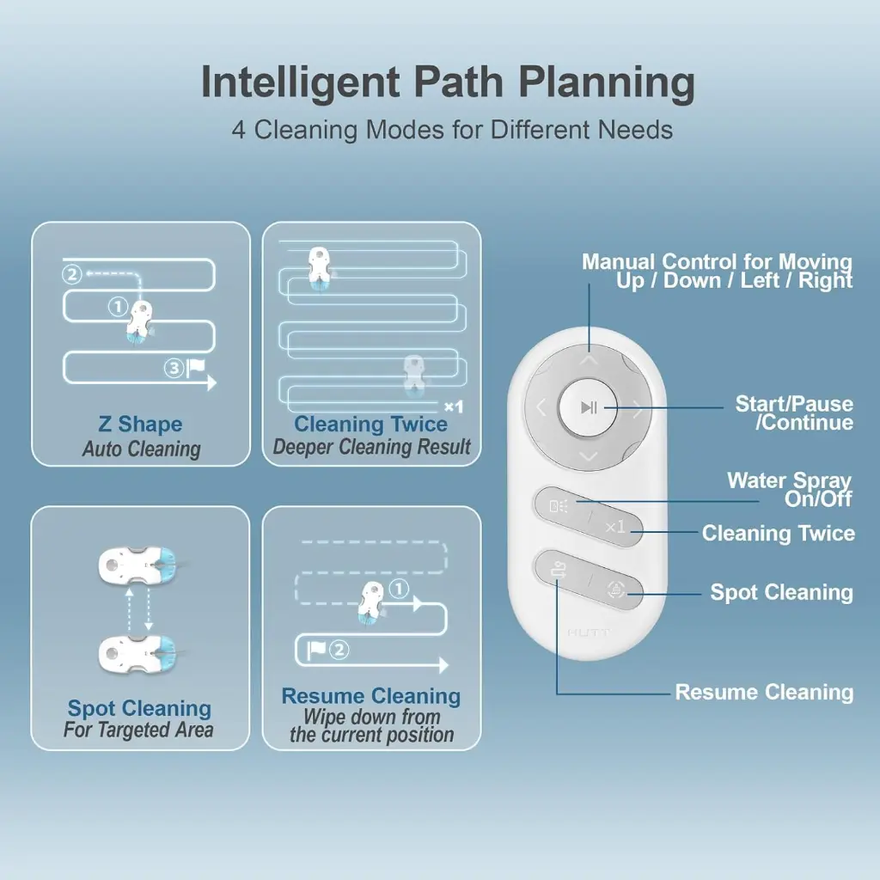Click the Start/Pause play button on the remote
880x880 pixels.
coord(588,406)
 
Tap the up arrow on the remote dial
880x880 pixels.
coord(588,360)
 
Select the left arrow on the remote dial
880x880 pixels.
coord(541,406)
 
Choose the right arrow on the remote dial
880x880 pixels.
coord(637,409)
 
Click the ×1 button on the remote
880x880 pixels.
coord(615,527)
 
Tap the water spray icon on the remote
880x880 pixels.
coord(559,506)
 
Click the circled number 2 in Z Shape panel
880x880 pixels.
coord(72,274)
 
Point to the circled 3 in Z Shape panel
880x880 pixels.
coord(174,368)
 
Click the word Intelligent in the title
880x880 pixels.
coord(300,82)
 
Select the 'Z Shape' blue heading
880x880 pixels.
coord(140,424)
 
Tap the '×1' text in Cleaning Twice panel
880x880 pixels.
coord(454,406)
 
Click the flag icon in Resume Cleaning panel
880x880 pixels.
coord(316,650)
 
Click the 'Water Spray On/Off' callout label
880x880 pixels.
coord(790,489)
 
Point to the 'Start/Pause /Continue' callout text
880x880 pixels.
coord(794,412)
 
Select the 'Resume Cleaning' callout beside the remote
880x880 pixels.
coord(764,692)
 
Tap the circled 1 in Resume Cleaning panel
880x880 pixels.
coord(399,589)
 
